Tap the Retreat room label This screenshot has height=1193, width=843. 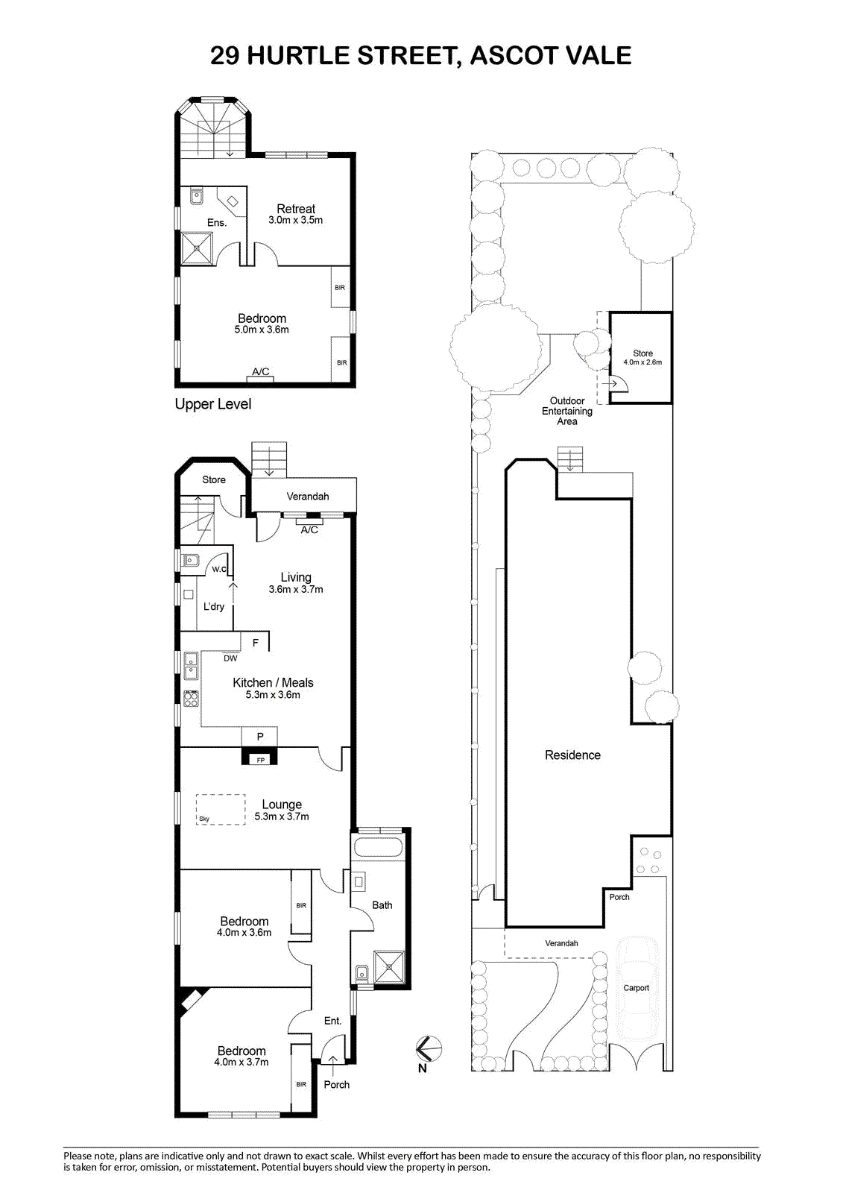tap(296, 209)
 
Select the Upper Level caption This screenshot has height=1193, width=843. tap(213, 404)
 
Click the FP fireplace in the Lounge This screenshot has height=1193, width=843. tap(260, 757)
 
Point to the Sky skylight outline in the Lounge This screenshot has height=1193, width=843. tap(221, 810)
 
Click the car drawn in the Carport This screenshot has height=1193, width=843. tap(637, 988)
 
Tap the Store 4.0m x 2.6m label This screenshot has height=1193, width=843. tap(642, 357)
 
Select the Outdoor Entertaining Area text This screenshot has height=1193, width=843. tap(567, 411)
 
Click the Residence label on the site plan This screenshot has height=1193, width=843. tap(572, 755)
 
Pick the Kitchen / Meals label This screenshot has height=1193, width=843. tap(273, 682)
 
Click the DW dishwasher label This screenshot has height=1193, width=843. tap(230, 658)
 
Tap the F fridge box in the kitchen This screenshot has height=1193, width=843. tap(255, 641)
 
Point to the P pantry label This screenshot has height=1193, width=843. tap(260, 737)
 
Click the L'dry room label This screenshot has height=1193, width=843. tap(214, 606)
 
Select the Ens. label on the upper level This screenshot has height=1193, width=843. tap(217, 223)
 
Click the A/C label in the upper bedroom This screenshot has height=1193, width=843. tap(260, 371)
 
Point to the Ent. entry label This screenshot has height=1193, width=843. tap(332, 1021)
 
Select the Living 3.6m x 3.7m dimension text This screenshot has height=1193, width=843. tap(296, 589)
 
